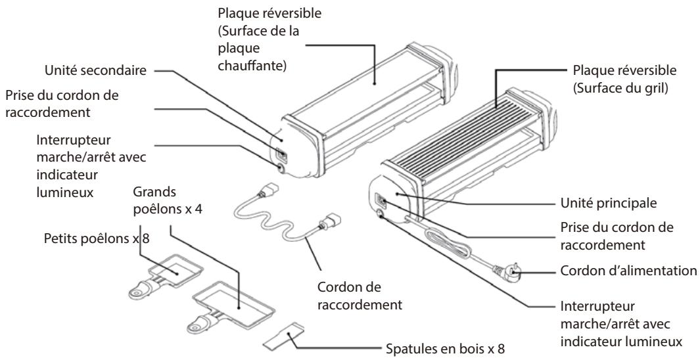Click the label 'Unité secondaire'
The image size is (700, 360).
click(x=95, y=70)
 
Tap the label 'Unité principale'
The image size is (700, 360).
click(x=609, y=203)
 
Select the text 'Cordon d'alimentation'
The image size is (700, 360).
click(x=628, y=271)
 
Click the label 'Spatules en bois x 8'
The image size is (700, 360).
click(x=445, y=348)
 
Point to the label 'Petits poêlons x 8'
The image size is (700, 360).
click(x=97, y=238)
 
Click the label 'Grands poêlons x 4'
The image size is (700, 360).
click(x=168, y=200)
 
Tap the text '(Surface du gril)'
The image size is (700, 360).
click(x=620, y=88)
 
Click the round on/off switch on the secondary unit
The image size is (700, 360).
click(x=281, y=168)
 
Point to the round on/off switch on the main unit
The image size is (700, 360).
click(x=381, y=214)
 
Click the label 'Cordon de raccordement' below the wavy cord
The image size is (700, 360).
click(x=360, y=296)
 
